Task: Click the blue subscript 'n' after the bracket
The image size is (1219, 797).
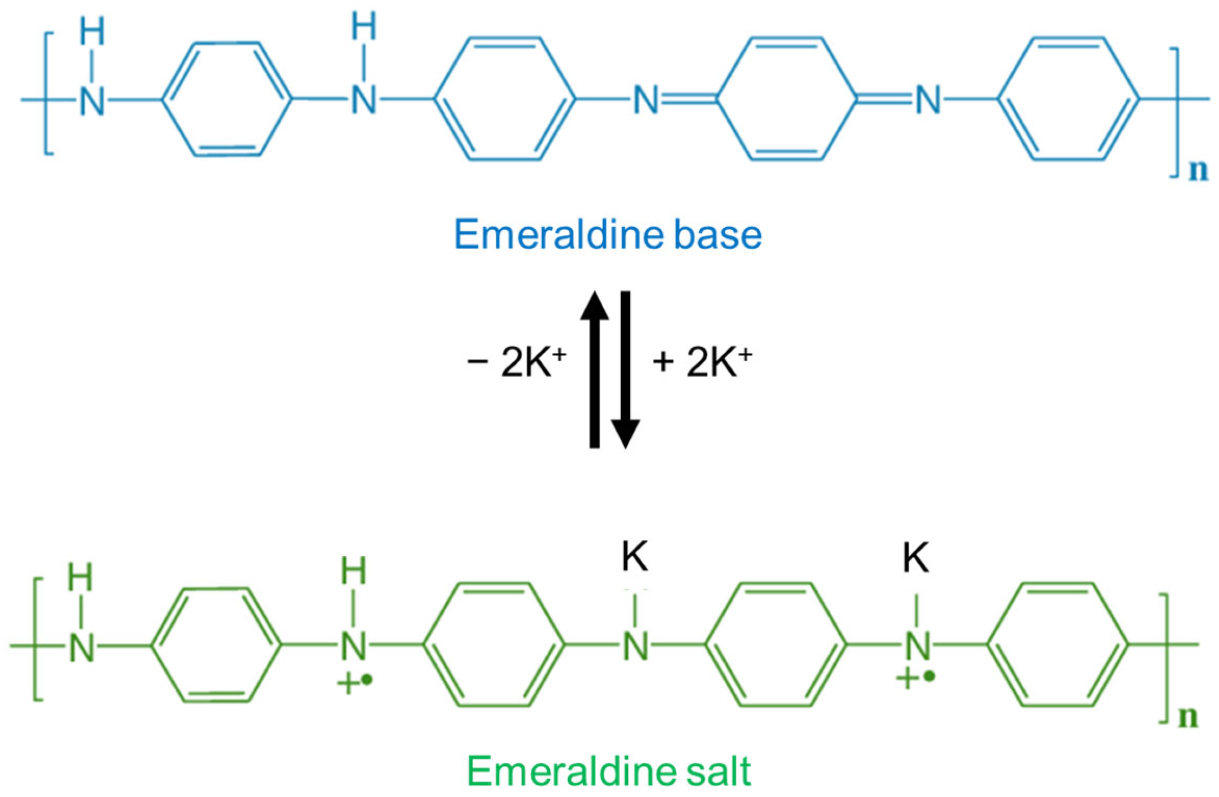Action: pyautogui.click(x=1199, y=171)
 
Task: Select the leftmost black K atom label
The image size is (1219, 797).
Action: pyautogui.click(x=635, y=556)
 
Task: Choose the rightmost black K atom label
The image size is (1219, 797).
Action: pyautogui.click(x=915, y=558)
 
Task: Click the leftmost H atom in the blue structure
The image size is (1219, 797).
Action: pyautogui.click(x=92, y=31)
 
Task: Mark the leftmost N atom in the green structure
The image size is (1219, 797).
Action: pyautogui.click(x=82, y=647)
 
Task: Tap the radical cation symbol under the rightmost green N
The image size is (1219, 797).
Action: pyautogui.click(x=915, y=678)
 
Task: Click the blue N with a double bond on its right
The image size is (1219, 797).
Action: pyautogui.click(x=646, y=101)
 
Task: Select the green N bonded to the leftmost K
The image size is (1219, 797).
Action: pyautogui.click(x=636, y=646)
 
